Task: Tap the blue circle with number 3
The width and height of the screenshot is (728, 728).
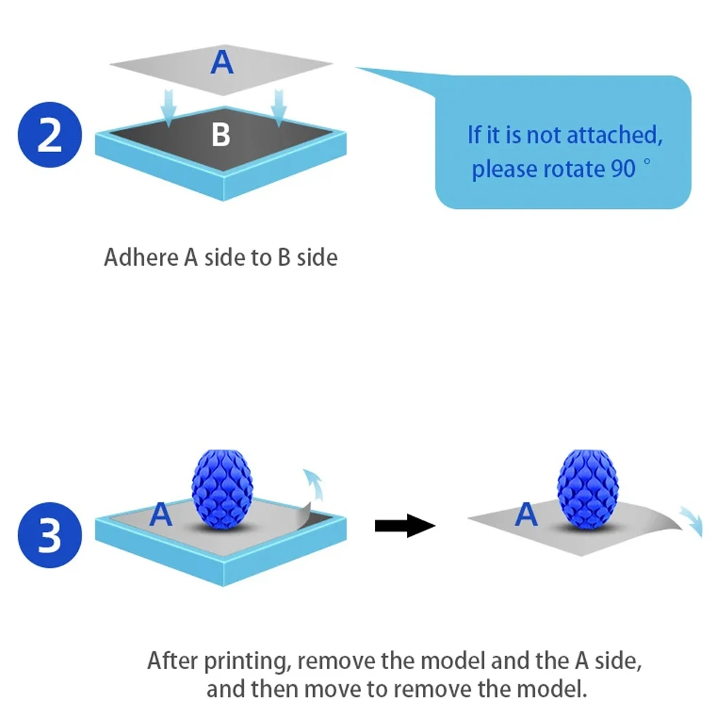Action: [x=50, y=537]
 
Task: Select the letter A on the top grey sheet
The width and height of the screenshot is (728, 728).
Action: [x=222, y=63]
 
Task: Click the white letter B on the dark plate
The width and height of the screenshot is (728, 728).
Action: [x=221, y=134]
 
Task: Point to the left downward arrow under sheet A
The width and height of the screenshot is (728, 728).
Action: [x=169, y=106]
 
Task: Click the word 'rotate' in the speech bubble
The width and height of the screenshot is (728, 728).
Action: [x=573, y=169]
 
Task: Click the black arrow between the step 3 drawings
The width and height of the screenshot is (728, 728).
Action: [x=404, y=524]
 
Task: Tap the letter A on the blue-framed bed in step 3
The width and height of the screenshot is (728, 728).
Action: [x=160, y=515]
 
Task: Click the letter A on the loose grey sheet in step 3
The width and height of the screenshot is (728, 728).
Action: [x=526, y=515]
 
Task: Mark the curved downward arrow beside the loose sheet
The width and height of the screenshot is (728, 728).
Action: [x=690, y=519]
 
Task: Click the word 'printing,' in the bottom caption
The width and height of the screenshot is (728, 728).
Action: [x=249, y=662]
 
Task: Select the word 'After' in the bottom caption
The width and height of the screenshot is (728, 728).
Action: [x=173, y=661]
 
